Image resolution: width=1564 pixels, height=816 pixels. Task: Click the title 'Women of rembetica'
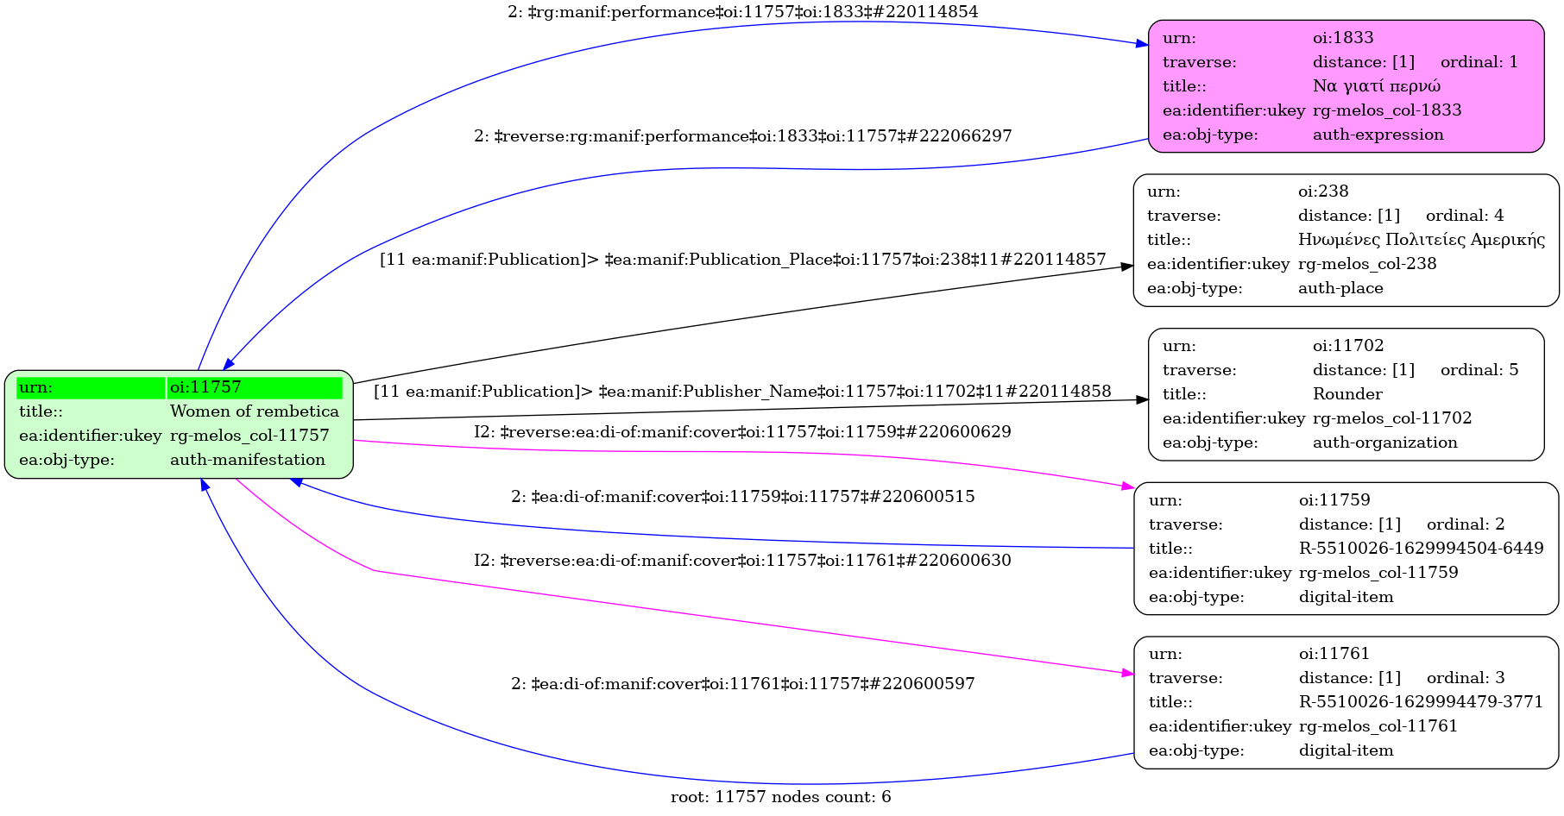(254, 411)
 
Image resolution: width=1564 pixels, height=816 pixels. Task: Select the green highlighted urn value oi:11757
(205, 387)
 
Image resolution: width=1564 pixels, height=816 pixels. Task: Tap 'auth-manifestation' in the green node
(247, 460)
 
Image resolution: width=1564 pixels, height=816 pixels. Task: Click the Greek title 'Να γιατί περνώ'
(1376, 86)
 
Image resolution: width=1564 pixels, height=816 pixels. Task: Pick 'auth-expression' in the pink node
(1378, 135)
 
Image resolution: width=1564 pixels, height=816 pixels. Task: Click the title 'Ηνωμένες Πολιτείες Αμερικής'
(1421, 240)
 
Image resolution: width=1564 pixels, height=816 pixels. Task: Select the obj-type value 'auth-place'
(1340, 288)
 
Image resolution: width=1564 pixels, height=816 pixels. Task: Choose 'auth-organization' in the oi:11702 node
(1384, 443)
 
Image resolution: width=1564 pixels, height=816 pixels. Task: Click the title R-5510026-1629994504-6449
(1421, 549)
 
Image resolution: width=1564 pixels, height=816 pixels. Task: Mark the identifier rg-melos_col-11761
(1378, 726)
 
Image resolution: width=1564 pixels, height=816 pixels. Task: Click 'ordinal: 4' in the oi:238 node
(1464, 216)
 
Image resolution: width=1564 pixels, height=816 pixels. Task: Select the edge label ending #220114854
(742, 12)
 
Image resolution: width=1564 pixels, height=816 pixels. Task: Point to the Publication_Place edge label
(742, 260)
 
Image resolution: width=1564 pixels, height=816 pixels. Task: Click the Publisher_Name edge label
(742, 392)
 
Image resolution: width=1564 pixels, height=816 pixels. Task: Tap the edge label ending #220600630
(742, 561)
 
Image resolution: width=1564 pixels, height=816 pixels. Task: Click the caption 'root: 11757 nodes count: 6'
(780, 797)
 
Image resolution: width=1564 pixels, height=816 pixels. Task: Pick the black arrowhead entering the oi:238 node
(1127, 267)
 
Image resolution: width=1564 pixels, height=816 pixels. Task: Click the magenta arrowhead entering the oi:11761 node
(1127, 673)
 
